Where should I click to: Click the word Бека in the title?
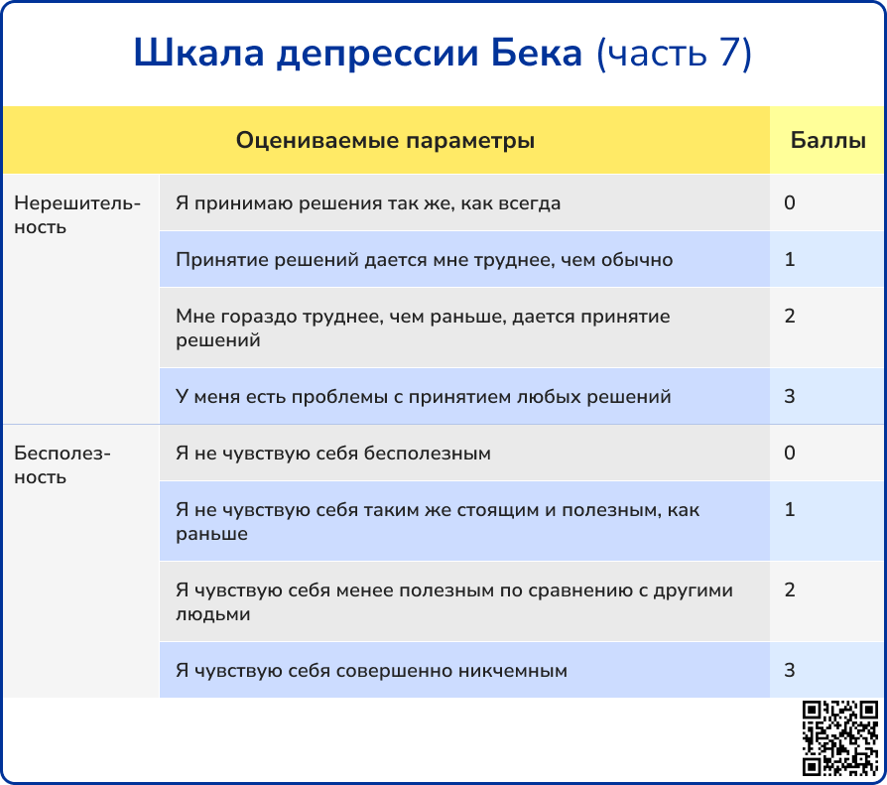point(537,54)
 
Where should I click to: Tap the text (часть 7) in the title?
point(675,55)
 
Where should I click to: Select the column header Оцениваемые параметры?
point(385,140)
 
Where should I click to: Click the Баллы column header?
point(828,140)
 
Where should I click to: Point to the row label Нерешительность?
point(77,215)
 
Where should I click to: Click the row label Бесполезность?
point(63,465)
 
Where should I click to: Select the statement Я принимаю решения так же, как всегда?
point(368,203)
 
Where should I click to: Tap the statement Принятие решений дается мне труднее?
point(425,260)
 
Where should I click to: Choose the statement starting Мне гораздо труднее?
point(423,328)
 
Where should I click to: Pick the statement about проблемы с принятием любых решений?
point(423,396)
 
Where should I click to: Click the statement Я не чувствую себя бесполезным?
point(333,454)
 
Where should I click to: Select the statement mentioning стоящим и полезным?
point(438,522)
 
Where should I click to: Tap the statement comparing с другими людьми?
point(454,602)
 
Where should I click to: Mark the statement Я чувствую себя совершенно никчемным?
point(371,671)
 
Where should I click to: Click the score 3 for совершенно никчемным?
point(790,670)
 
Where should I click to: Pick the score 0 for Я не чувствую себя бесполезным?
point(790,453)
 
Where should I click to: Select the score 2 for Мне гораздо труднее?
point(790,316)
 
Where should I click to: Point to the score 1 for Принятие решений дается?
point(790,259)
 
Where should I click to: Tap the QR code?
point(840,738)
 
